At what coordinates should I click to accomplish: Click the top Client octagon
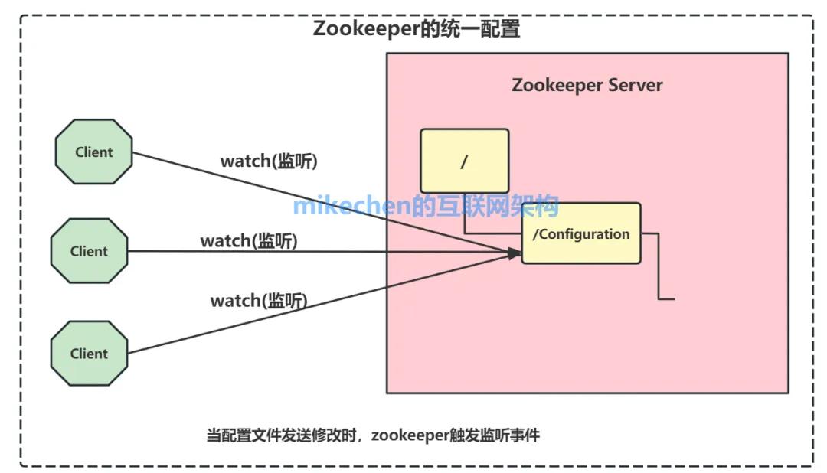pyautogui.click(x=93, y=152)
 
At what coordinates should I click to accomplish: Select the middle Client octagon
pyautogui.click(x=89, y=251)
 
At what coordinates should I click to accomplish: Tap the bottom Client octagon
pyautogui.click(x=89, y=353)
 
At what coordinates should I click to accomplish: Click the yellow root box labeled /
pyautogui.click(x=464, y=161)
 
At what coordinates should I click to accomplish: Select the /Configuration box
pyautogui.click(x=580, y=233)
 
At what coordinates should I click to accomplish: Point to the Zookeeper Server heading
pyautogui.click(x=587, y=84)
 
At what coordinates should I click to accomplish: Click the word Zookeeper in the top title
pyautogui.click(x=360, y=29)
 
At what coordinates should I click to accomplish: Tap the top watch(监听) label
pyautogui.click(x=269, y=161)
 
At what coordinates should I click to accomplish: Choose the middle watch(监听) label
pyautogui.click(x=249, y=241)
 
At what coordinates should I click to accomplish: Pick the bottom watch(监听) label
pyautogui.click(x=259, y=301)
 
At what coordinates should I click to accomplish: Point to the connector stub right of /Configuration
pyautogui.click(x=659, y=268)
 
